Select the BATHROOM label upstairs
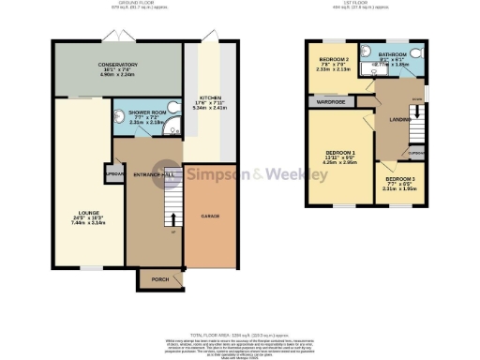click(x=391, y=55)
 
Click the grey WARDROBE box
click(x=330, y=100)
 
